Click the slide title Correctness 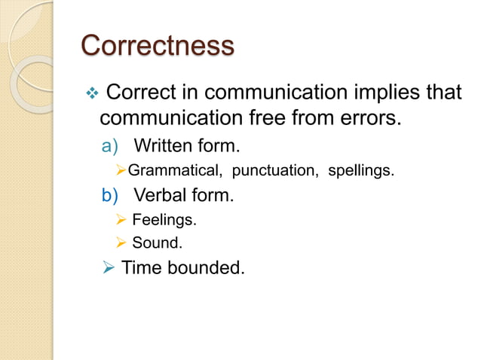pyautogui.click(x=157, y=45)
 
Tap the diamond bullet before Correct pyautogui.click(x=93, y=94)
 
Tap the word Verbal pyautogui.click(x=161, y=196)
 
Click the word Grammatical pyautogui.click(x=172, y=170)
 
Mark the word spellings pyautogui.click(x=361, y=170)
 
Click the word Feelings pyautogui.click(x=164, y=221)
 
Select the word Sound pyautogui.click(x=157, y=243)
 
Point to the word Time pyautogui.click(x=142, y=267)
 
